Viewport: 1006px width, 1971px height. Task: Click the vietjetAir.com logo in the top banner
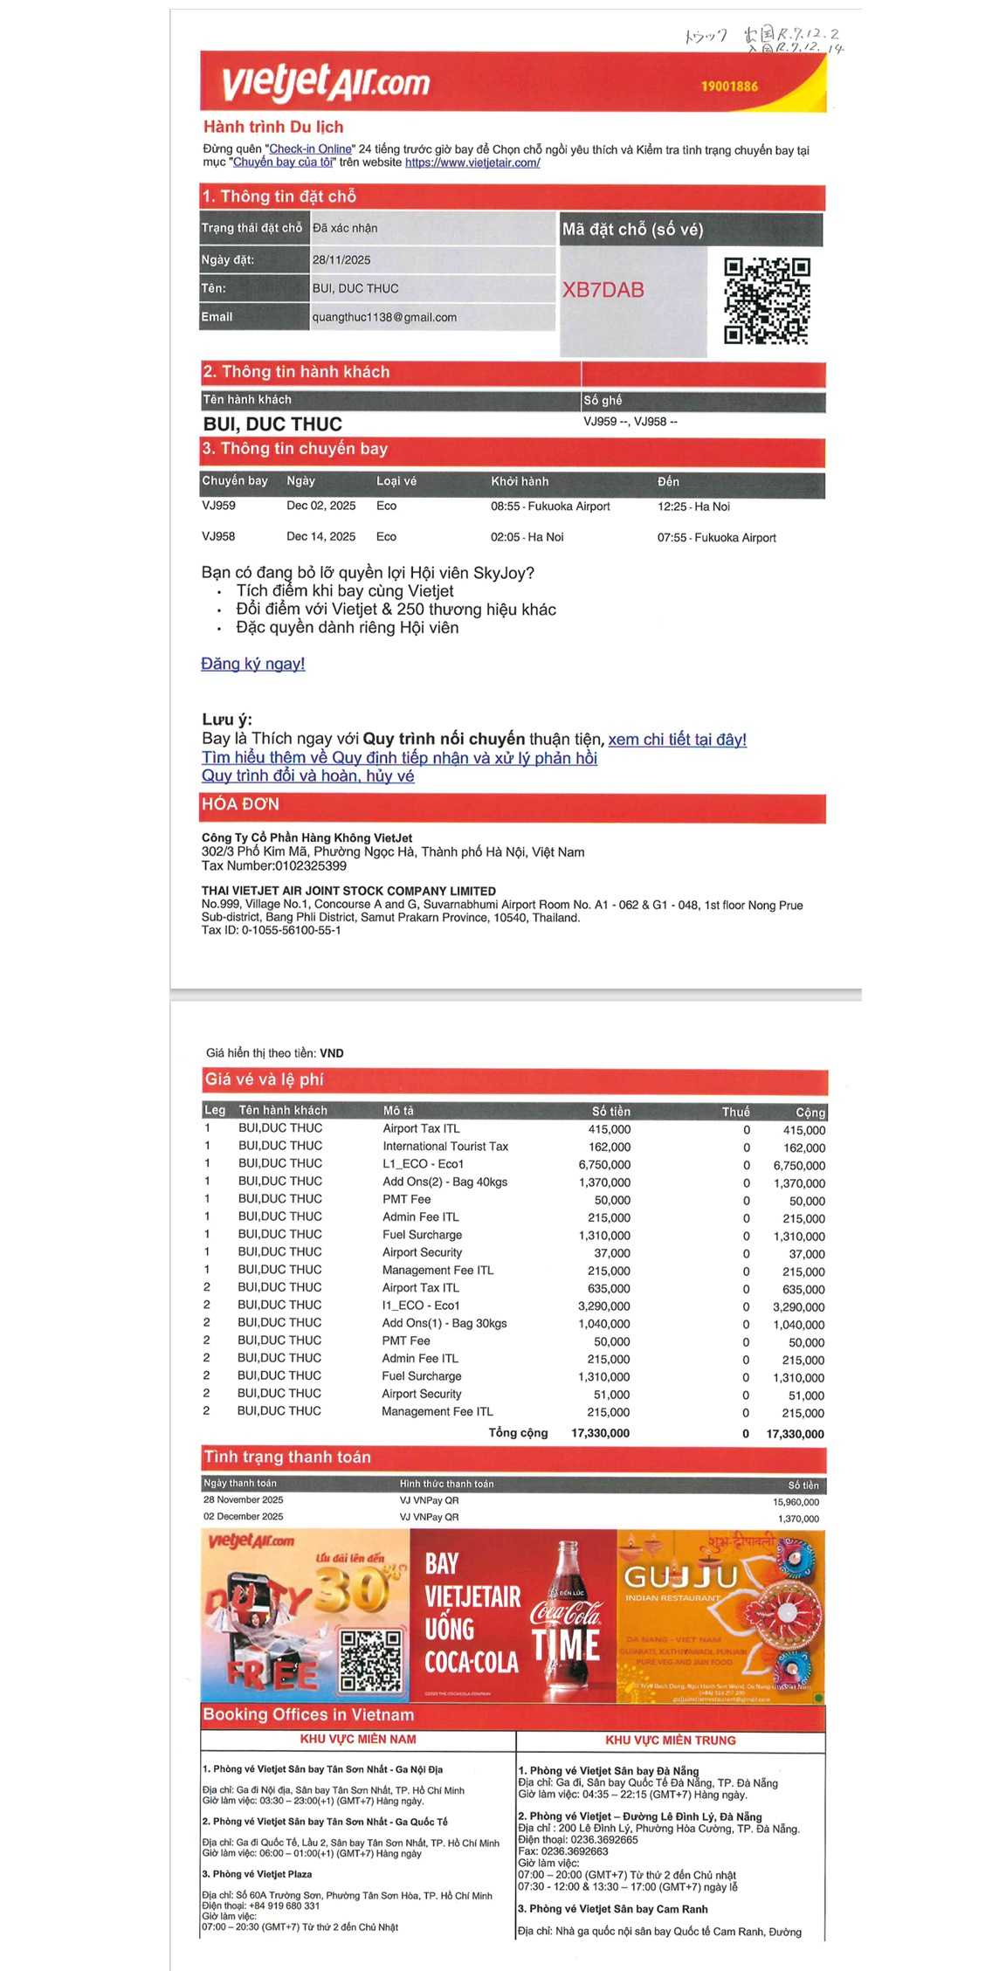click(325, 82)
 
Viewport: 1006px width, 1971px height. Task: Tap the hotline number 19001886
click(729, 86)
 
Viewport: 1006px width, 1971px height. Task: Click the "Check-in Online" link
click(310, 149)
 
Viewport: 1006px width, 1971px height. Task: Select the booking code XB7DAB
click(603, 290)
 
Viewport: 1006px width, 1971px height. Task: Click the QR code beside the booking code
click(767, 300)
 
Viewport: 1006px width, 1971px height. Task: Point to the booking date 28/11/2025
click(341, 260)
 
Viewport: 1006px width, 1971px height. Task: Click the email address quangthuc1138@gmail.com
click(384, 317)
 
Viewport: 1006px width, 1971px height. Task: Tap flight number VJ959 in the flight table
click(218, 506)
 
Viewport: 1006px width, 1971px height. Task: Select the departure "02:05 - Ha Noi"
click(527, 537)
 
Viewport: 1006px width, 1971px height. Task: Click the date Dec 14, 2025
click(320, 536)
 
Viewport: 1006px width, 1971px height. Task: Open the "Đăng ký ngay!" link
click(252, 664)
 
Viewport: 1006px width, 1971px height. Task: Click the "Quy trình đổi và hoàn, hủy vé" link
click(307, 775)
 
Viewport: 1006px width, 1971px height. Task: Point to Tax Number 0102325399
click(310, 865)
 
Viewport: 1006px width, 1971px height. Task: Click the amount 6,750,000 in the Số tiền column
click(604, 1164)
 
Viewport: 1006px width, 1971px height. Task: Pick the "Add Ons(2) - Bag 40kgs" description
click(444, 1182)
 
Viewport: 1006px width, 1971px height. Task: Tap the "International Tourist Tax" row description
click(444, 1146)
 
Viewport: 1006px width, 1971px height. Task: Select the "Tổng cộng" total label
click(518, 1432)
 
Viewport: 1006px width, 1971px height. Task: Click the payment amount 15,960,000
click(796, 1502)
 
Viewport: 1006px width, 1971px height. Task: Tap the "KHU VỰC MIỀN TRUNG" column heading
click(670, 1740)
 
